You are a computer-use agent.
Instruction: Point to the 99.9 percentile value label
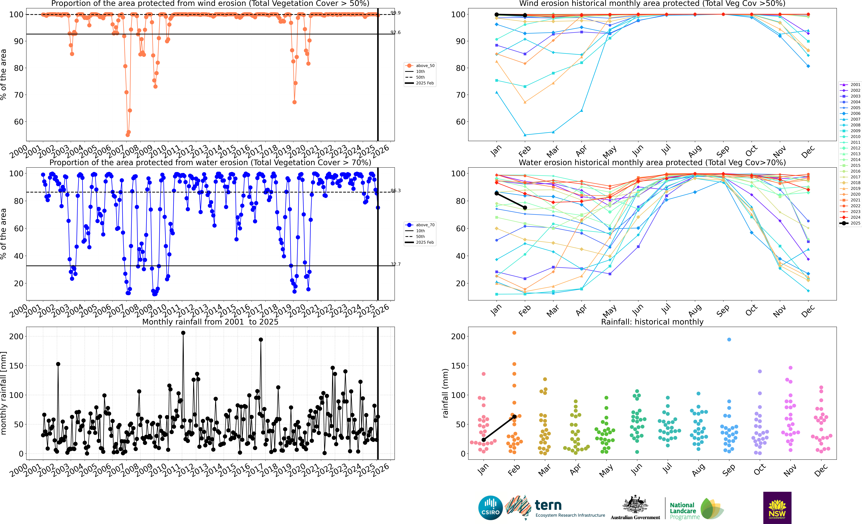pyautogui.click(x=396, y=13)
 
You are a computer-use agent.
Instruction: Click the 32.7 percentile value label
pyautogui.click(x=396, y=264)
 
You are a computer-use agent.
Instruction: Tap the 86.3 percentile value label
pyautogui.click(x=396, y=191)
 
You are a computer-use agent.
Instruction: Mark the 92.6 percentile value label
pyautogui.click(x=396, y=33)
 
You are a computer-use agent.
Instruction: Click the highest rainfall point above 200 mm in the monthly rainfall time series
pyautogui.click(x=183, y=333)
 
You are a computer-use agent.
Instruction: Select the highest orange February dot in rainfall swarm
pyautogui.click(x=514, y=333)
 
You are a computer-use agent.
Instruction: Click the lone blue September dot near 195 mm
pyautogui.click(x=729, y=340)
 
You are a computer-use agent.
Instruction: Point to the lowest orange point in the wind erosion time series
pyautogui.click(x=128, y=135)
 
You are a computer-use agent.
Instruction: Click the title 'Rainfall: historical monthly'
pyautogui.click(x=652, y=322)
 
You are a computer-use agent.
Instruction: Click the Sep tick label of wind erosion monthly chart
pyautogui.click(x=723, y=151)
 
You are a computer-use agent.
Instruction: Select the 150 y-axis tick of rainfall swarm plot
pyautogui.click(x=458, y=366)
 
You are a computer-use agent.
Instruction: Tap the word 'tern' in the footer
pyautogui.click(x=548, y=505)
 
